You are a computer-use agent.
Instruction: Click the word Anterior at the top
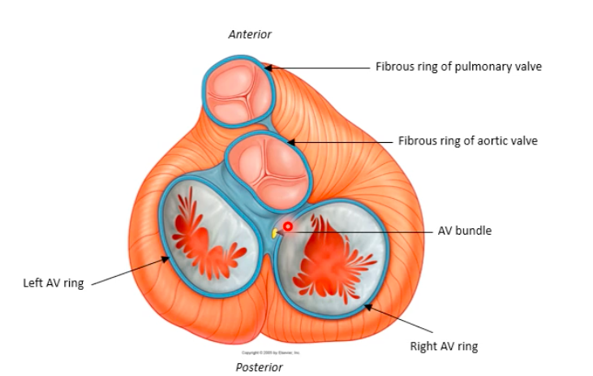[x=250, y=34]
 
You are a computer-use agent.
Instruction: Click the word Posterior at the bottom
[x=259, y=367]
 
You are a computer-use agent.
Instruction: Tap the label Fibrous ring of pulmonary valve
[x=458, y=67]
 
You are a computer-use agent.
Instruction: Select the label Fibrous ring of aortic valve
[x=467, y=140]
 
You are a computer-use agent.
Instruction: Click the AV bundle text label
[x=464, y=231]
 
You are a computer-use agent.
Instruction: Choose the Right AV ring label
[x=444, y=347]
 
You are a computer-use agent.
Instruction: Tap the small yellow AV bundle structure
[x=275, y=234]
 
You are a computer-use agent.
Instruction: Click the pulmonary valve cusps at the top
[x=235, y=90]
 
